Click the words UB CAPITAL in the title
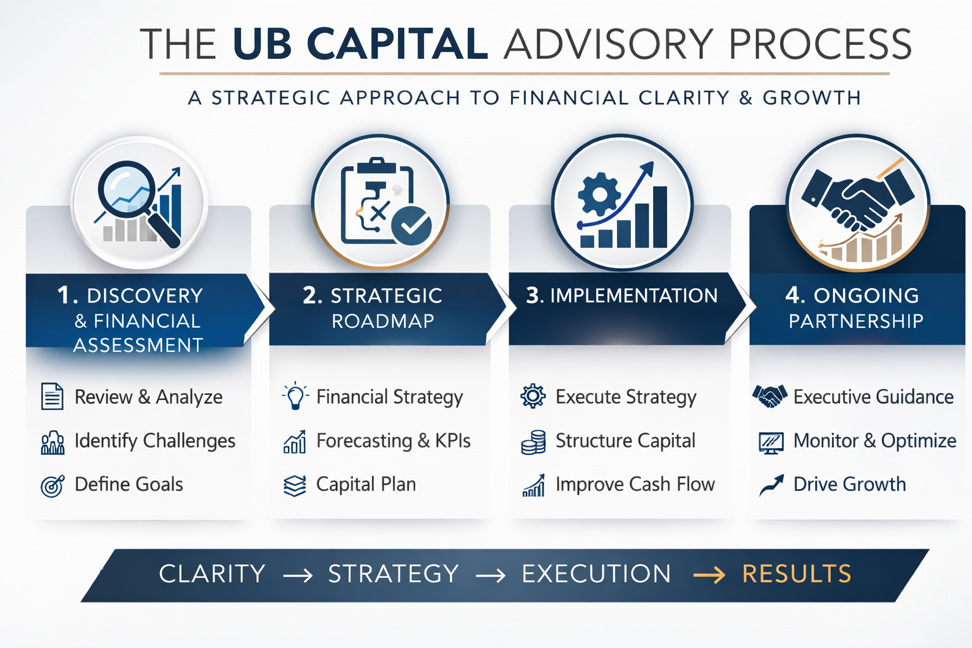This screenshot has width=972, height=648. click(360, 44)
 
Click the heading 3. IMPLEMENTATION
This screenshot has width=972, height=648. click(621, 296)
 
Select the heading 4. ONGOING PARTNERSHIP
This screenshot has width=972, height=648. click(855, 308)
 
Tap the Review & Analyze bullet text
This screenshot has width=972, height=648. click(148, 397)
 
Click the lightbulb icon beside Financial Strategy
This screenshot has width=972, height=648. click(295, 397)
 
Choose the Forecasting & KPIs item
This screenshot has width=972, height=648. click(393, 440)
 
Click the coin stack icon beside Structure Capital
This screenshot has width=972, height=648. click(533, 442)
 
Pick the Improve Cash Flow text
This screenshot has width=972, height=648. click(635, 484)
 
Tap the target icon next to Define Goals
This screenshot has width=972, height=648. click(52, 485)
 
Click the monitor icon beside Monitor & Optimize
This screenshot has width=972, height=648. click(771, 442)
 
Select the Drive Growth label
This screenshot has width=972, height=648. click(849, 484)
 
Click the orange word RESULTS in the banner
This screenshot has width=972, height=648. click(797, 574)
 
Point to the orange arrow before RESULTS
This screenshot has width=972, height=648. click(709, 575)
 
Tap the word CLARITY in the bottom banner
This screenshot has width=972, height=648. click(212, 574)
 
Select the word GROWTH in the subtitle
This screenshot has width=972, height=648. click(811, 98)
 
